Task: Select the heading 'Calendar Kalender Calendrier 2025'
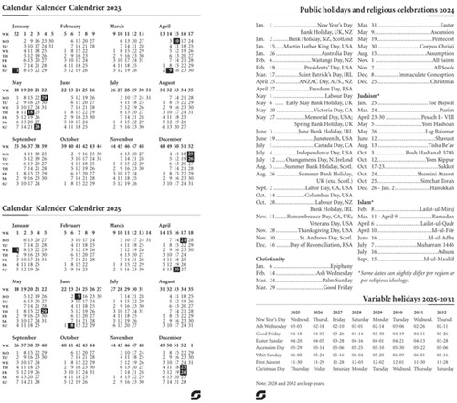[x=58, y=208]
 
